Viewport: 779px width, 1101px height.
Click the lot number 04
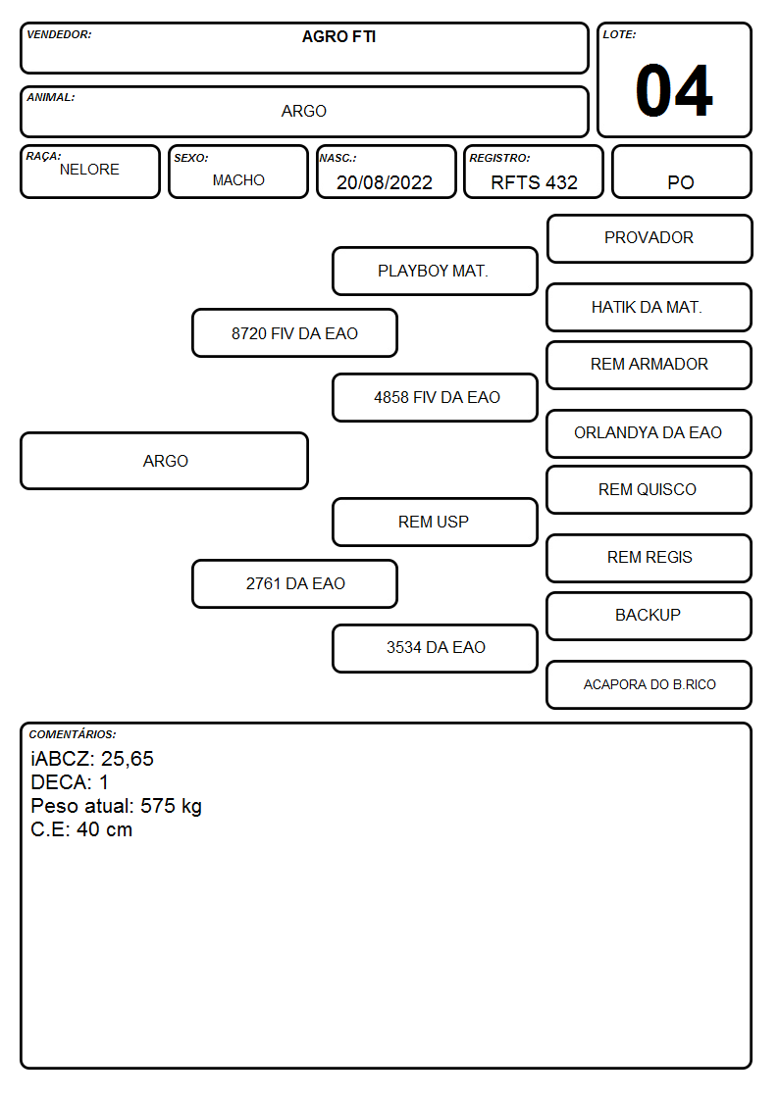(x=674, y=90)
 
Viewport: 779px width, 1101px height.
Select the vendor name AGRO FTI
(x=338, y=36)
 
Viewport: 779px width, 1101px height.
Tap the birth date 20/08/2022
(x=385, y=182)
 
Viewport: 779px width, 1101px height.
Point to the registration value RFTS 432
(x=534, y=182)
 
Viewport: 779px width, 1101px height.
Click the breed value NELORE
(x=89, y=170)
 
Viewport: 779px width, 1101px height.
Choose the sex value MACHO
(x=238, y=180)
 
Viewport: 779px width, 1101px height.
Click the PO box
(x=681, y=172)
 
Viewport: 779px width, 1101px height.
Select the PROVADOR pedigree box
(x=649, y=239)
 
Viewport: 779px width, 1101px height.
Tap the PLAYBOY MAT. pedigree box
(x=435, y=271)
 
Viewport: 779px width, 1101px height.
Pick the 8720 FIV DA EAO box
(x=295, y=333)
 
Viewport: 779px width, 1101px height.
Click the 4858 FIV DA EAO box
(x=435, y=397)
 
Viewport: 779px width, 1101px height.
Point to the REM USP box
(x=435, y=522)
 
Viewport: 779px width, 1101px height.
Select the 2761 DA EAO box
(x=295, y=583)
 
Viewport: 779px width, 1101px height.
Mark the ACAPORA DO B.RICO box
(x=649, y=684)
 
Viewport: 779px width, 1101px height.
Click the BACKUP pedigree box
(x=649, y=616)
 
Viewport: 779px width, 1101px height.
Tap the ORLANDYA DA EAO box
(x=649, y=433)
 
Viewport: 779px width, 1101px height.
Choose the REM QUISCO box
(x=649, y=489)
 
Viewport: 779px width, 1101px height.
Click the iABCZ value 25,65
(x=128, y=759)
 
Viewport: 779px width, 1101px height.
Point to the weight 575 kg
(x=171, y=806)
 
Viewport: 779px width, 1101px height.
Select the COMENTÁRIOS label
(x=73, y=734)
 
